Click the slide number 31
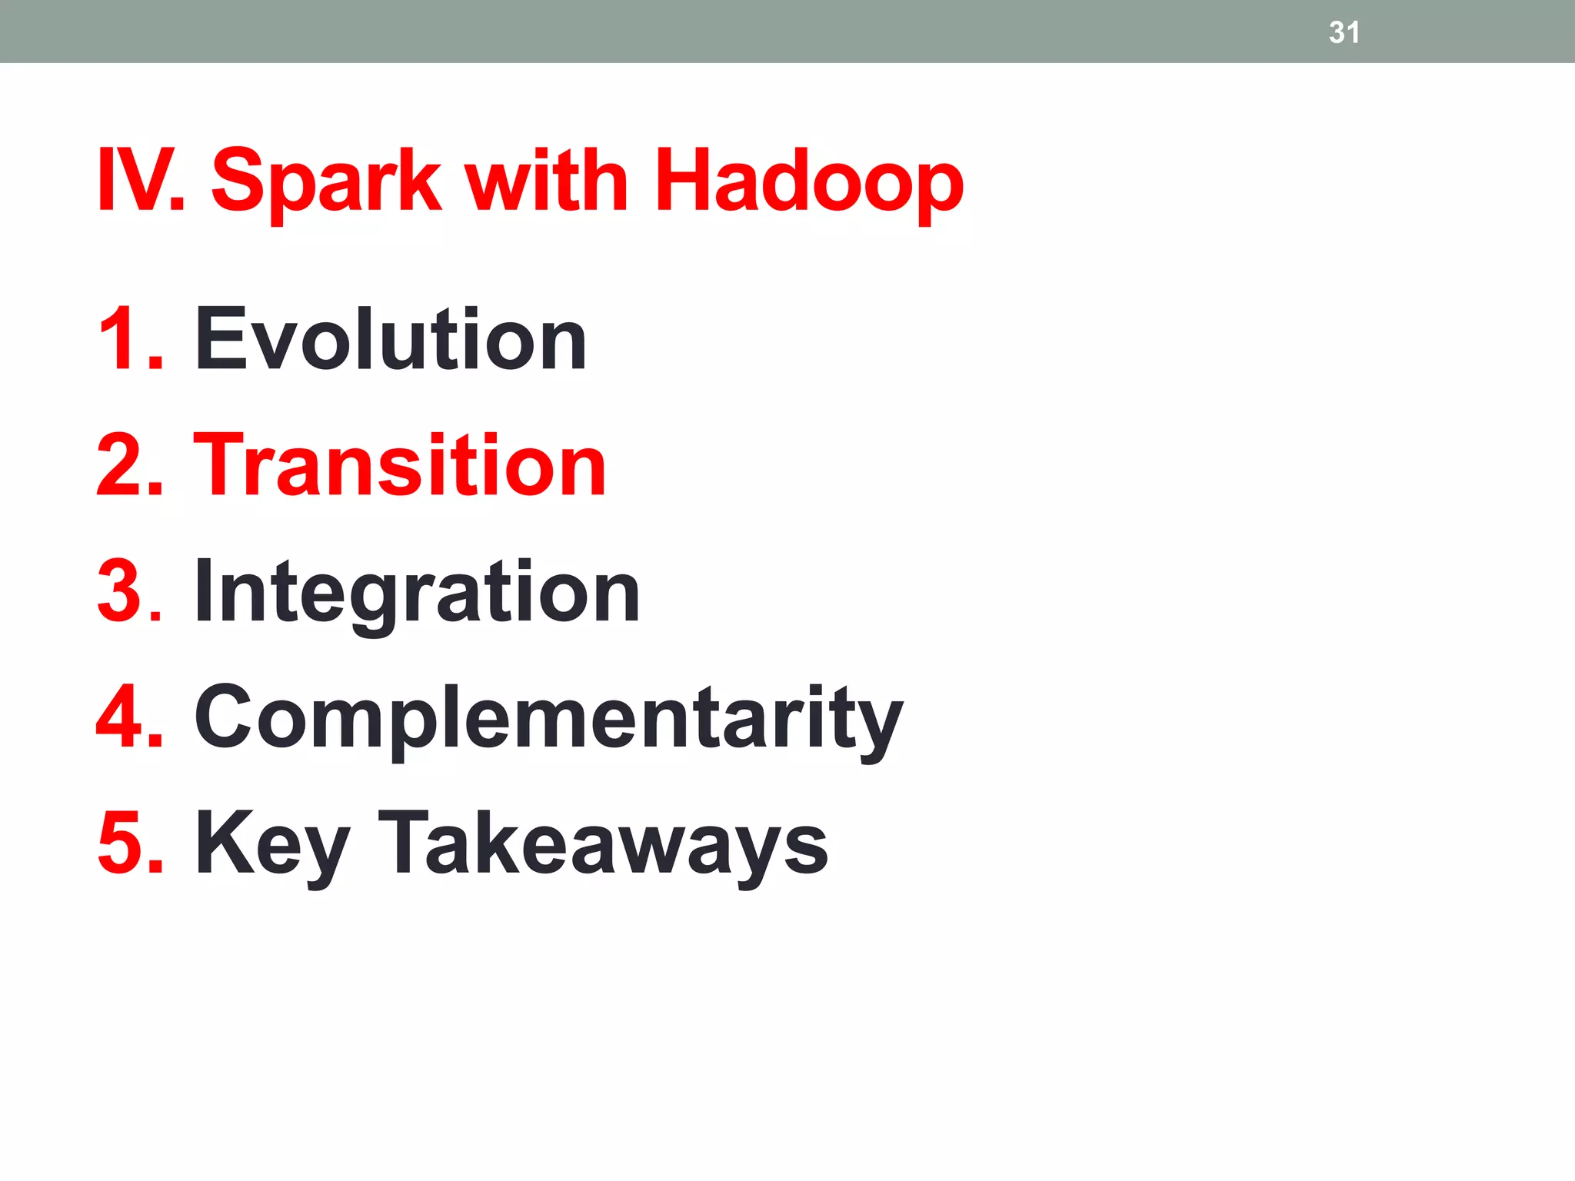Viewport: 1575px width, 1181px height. point(1344,32)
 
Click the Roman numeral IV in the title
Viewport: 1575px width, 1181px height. point(138,180)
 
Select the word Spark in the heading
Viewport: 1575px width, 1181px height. point(326,181)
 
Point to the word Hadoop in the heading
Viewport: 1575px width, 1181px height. point(808,181)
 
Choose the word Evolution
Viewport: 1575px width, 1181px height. point(391,338)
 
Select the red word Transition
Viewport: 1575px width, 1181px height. point(400,465)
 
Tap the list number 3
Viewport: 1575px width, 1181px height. point(129,591)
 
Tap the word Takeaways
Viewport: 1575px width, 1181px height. point(603,843)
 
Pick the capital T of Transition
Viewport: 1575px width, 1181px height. point(223,465)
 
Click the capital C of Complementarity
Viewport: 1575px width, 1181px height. point(228,717)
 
